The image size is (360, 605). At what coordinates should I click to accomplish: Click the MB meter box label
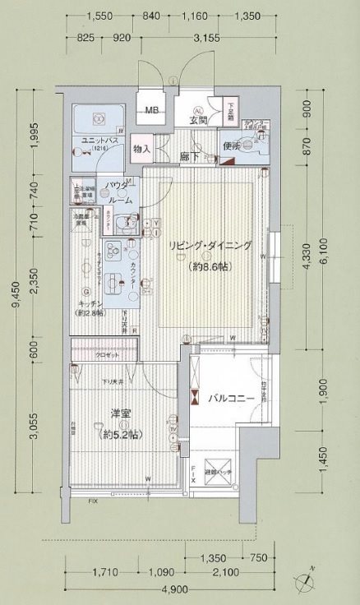click(x=151, y=109)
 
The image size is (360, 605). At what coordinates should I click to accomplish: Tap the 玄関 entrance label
click(x=197, y=121)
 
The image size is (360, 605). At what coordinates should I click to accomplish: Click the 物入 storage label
click(x=141, y=150)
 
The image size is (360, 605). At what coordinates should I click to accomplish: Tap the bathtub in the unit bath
click(x=96, y=120)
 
